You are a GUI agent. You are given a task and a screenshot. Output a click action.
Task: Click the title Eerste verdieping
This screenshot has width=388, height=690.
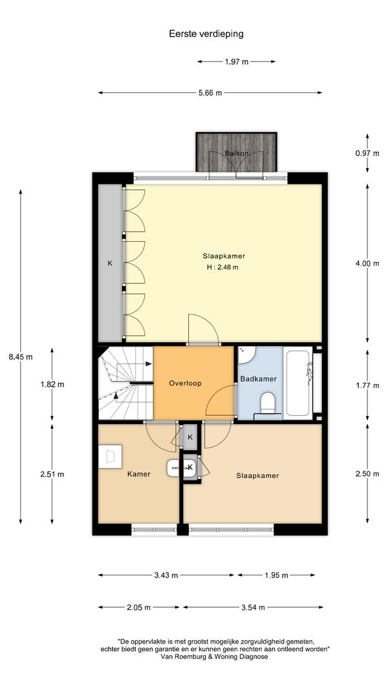(x=206, y=34)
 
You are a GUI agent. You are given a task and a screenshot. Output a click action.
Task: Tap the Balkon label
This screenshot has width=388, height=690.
(x=236, y=153)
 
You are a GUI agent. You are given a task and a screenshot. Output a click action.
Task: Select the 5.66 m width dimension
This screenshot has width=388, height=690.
(x=210, y=92)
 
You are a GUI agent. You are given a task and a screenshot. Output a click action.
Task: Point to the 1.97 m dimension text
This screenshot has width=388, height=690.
(x=236, y=61)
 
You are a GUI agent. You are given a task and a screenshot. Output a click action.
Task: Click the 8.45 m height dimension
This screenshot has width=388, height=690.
(x=20, y=357)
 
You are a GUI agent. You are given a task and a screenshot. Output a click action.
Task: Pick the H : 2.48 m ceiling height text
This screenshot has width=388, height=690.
(x=222, y=266)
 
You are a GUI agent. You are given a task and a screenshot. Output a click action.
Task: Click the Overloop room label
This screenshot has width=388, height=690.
(x=185, y=383)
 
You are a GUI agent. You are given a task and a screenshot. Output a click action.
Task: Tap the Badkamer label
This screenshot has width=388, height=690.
(x=258, y=379)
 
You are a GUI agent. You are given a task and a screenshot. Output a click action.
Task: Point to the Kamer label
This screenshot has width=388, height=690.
(x=139, y=474)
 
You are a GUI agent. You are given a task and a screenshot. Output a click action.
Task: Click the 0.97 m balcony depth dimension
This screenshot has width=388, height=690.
(x=367, y=153)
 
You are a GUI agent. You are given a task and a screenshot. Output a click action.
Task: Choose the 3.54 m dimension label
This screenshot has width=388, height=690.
(x=253, y=607)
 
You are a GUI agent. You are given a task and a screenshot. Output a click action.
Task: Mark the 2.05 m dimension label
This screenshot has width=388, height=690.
(x=138, y=607)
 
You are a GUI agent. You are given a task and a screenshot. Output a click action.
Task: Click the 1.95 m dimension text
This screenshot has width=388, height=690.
(x=276, y=575)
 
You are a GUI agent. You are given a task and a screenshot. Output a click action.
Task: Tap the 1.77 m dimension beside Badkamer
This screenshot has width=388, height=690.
(x=367, y=385)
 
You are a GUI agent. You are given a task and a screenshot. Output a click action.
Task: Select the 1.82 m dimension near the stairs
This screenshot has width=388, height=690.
(x=52, y=384)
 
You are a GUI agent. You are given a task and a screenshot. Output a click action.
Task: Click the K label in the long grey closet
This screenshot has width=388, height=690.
(x=110, y=264)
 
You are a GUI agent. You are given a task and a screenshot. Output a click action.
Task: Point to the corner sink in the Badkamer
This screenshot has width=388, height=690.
(x=246, y=354)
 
